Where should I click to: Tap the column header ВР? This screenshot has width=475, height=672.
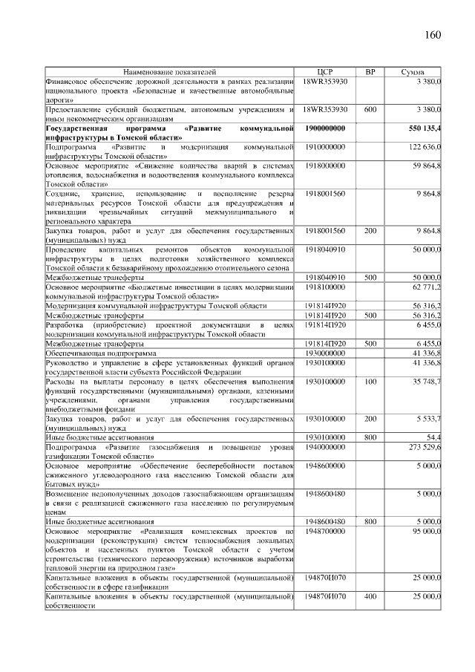pos(370,72)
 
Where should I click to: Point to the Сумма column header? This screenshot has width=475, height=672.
pos(413,72)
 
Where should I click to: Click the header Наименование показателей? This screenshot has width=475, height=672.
pos(170,72)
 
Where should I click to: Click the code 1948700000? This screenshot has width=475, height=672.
pos(326,532)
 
